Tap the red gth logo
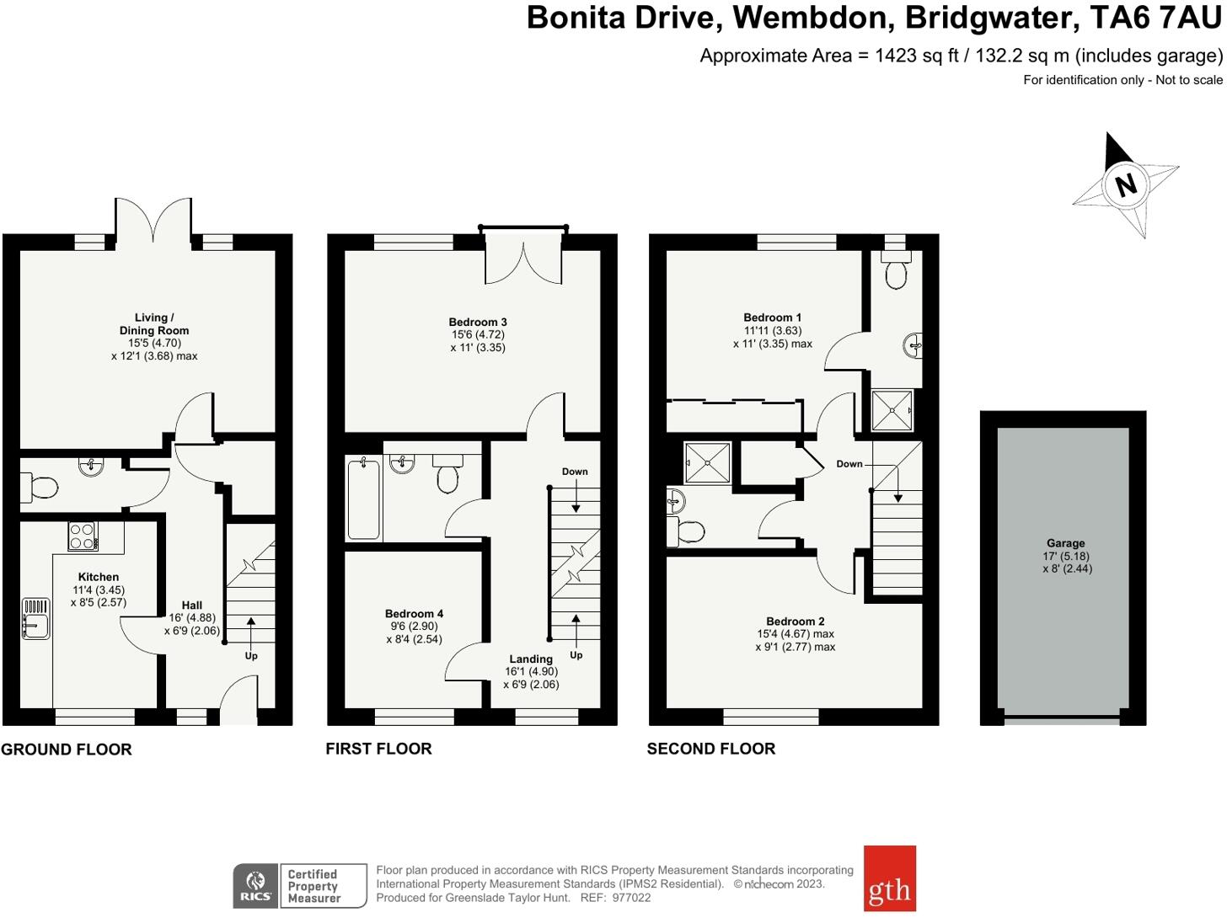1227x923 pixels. click(x=889, y=878)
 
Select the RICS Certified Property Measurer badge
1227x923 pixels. click(x=300, y=886)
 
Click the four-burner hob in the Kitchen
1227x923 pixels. click(x=83, y=536)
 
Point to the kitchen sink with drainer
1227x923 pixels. click(x=36, y=617)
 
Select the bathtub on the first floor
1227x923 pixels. click(x=363, y=498)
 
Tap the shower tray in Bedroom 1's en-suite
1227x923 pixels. click(x=892, y=410)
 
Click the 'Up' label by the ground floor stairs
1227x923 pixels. click(x=251, y=656)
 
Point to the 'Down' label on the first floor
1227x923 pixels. click(x=575, y=472)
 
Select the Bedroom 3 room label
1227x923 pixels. click(x=478, y=322)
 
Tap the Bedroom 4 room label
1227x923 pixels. click(x=414, y=614)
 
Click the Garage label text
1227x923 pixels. click(x=1065, y=543)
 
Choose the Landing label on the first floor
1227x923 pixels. click(x=531, y=659)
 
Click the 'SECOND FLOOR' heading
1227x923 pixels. click(x=710, y=749)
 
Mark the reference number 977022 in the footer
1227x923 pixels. click(x=631, y=898)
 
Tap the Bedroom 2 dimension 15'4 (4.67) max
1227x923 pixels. click(x=796, y=634)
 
